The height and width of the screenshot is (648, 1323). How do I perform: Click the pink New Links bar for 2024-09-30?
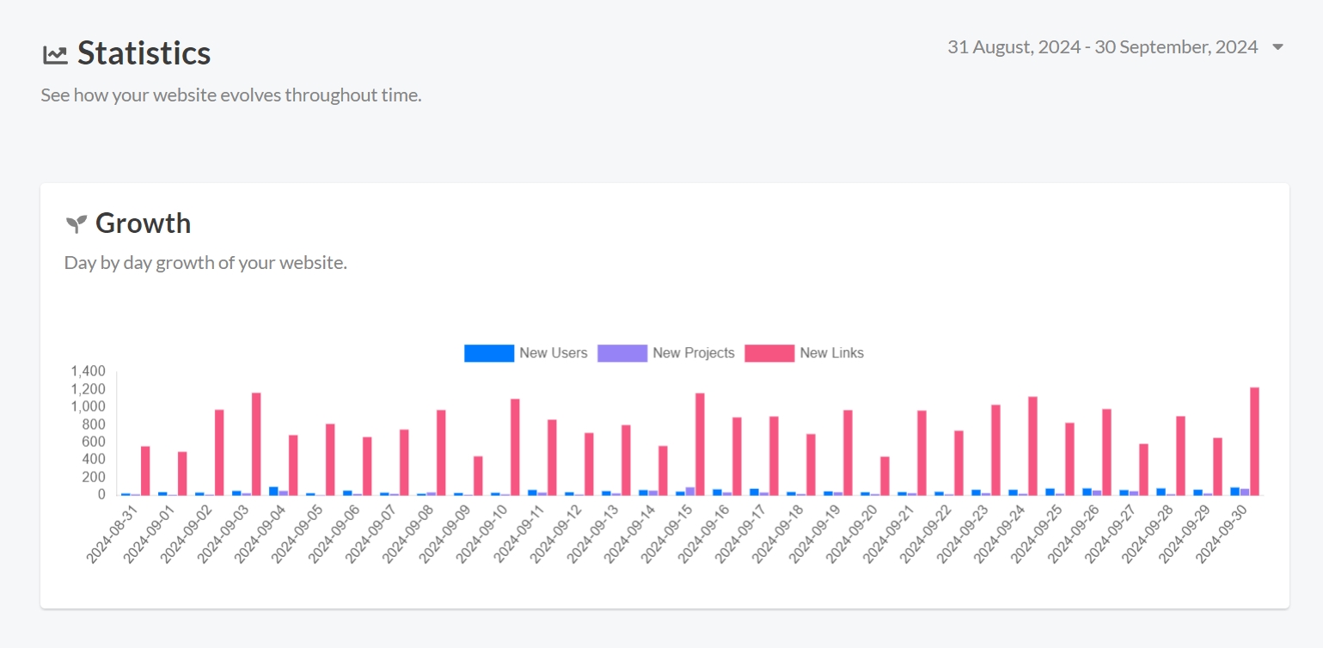pos(1254,441)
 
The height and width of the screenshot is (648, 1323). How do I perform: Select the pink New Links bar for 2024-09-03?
pos(256,443)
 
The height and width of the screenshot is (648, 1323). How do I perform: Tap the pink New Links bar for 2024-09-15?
pos(700,443)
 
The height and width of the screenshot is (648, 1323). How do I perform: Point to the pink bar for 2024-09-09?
pos(478,475)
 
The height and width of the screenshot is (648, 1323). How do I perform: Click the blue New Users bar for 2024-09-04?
pos(273,491)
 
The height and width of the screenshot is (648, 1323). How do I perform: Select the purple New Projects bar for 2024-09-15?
pos(689,491)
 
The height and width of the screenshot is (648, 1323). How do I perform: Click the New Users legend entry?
pos(526,353)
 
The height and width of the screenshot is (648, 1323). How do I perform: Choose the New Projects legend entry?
pos(666,353)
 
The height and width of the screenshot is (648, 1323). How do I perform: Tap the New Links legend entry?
pos(805,353)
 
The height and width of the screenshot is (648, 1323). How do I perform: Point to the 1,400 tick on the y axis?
pos(88,371)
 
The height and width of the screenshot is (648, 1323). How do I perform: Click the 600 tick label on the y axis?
pos(93,442)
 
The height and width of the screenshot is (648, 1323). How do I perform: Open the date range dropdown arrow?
pos(1277,47)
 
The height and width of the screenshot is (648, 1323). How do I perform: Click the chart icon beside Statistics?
pos(55,55)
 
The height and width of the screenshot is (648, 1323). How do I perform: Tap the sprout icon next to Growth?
pos(77,224)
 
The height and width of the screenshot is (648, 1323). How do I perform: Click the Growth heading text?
pos(143,223)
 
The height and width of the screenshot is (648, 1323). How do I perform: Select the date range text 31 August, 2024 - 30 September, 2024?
pos(1102,47)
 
